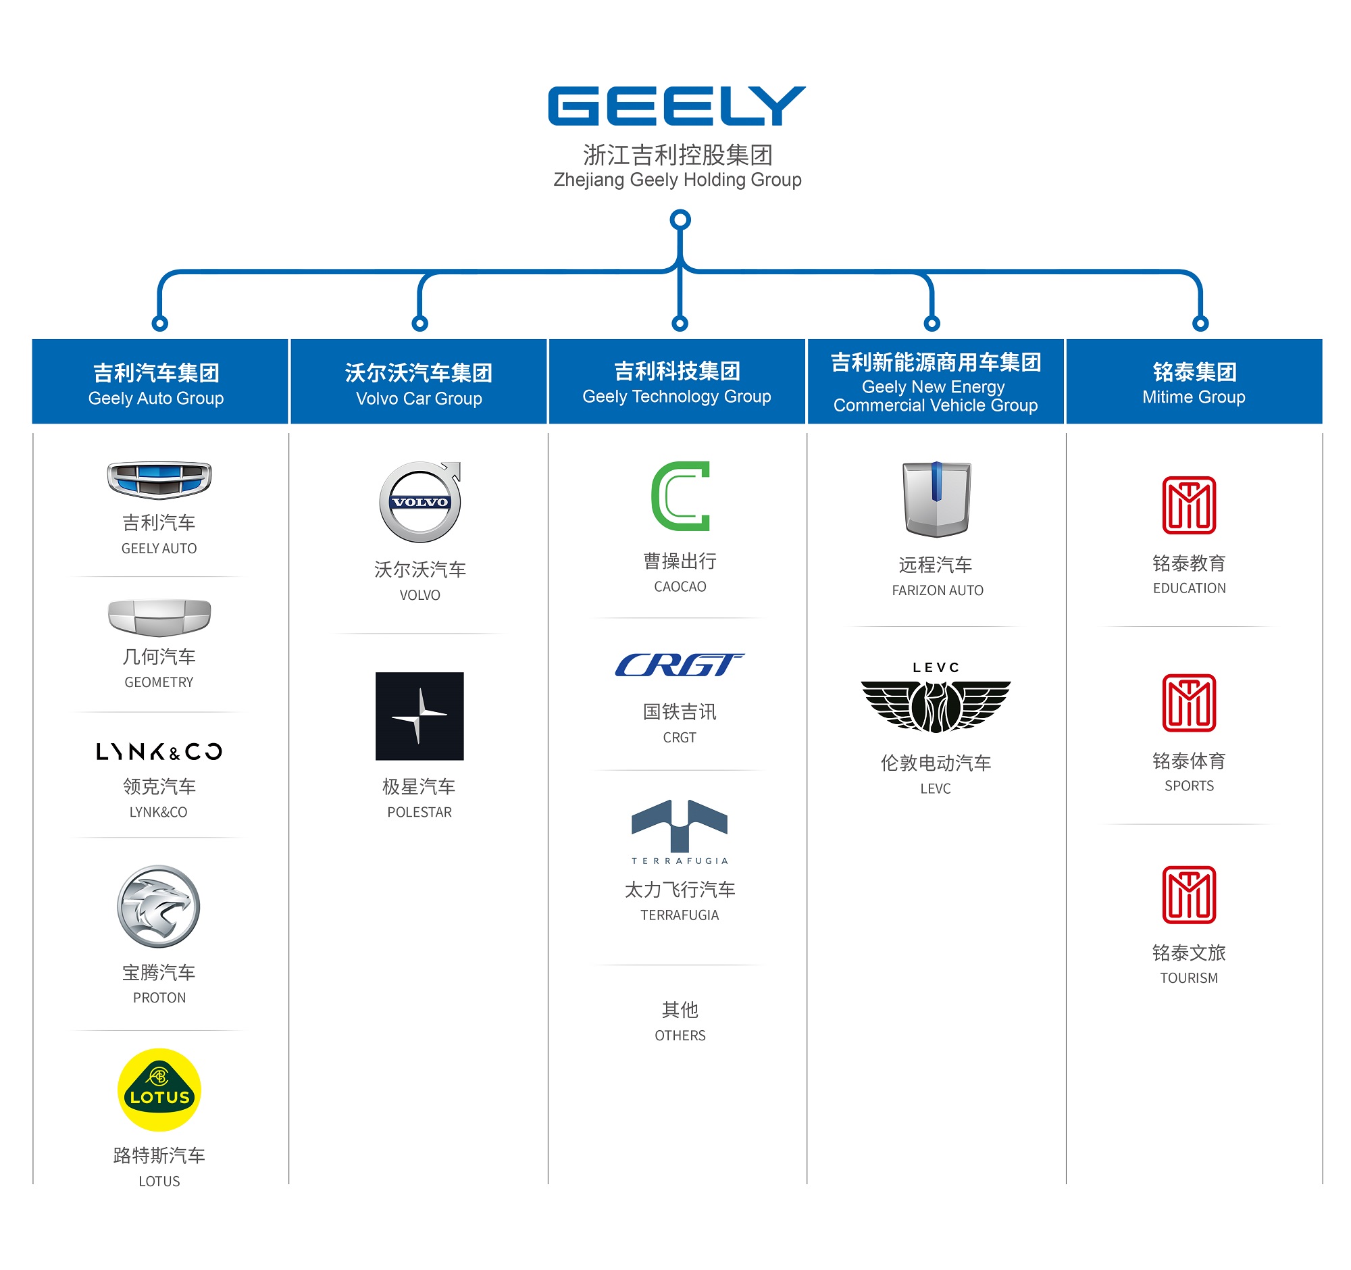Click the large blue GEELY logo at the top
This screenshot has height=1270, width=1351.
pyautogui.click(x=676, y=106)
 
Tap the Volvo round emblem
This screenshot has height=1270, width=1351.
pyautogui.click(x=420, y=502)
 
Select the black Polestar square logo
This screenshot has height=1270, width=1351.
pyautogui.click(x=419, y=716)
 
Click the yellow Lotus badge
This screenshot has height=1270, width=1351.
pyautogui.click(x=159, y=1089)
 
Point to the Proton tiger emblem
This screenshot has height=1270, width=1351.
pyautogui.click(x=158, y=906)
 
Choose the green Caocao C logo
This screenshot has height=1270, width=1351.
pyautogui.click(x=680, y=496)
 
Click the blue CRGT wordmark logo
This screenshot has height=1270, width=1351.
pyautogui.click(x=679, y=665)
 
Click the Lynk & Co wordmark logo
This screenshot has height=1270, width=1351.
pyautogui.click(x=159, y=752)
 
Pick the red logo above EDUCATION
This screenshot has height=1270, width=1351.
pyautogui.click(x=1189, y=505)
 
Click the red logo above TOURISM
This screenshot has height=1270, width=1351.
pyautogui.click(x=1189, y=894)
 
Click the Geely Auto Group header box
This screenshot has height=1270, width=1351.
pyautogui.click(x=159, y=382)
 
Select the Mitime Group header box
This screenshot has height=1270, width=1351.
pyautogui.click(x=1194, y=382)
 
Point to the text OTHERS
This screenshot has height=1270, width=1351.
pyautogui.click(x=680, y=1035)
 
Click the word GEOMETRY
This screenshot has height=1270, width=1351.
pyautogui.click(x=159, y=682)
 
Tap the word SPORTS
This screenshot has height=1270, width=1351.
pyautogui.click(x=1189, y=786)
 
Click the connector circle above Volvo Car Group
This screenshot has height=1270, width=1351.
pyautogui.click(x=420, y=324)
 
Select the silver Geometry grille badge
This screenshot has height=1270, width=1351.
pyautogui.click(x=159, y=616)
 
